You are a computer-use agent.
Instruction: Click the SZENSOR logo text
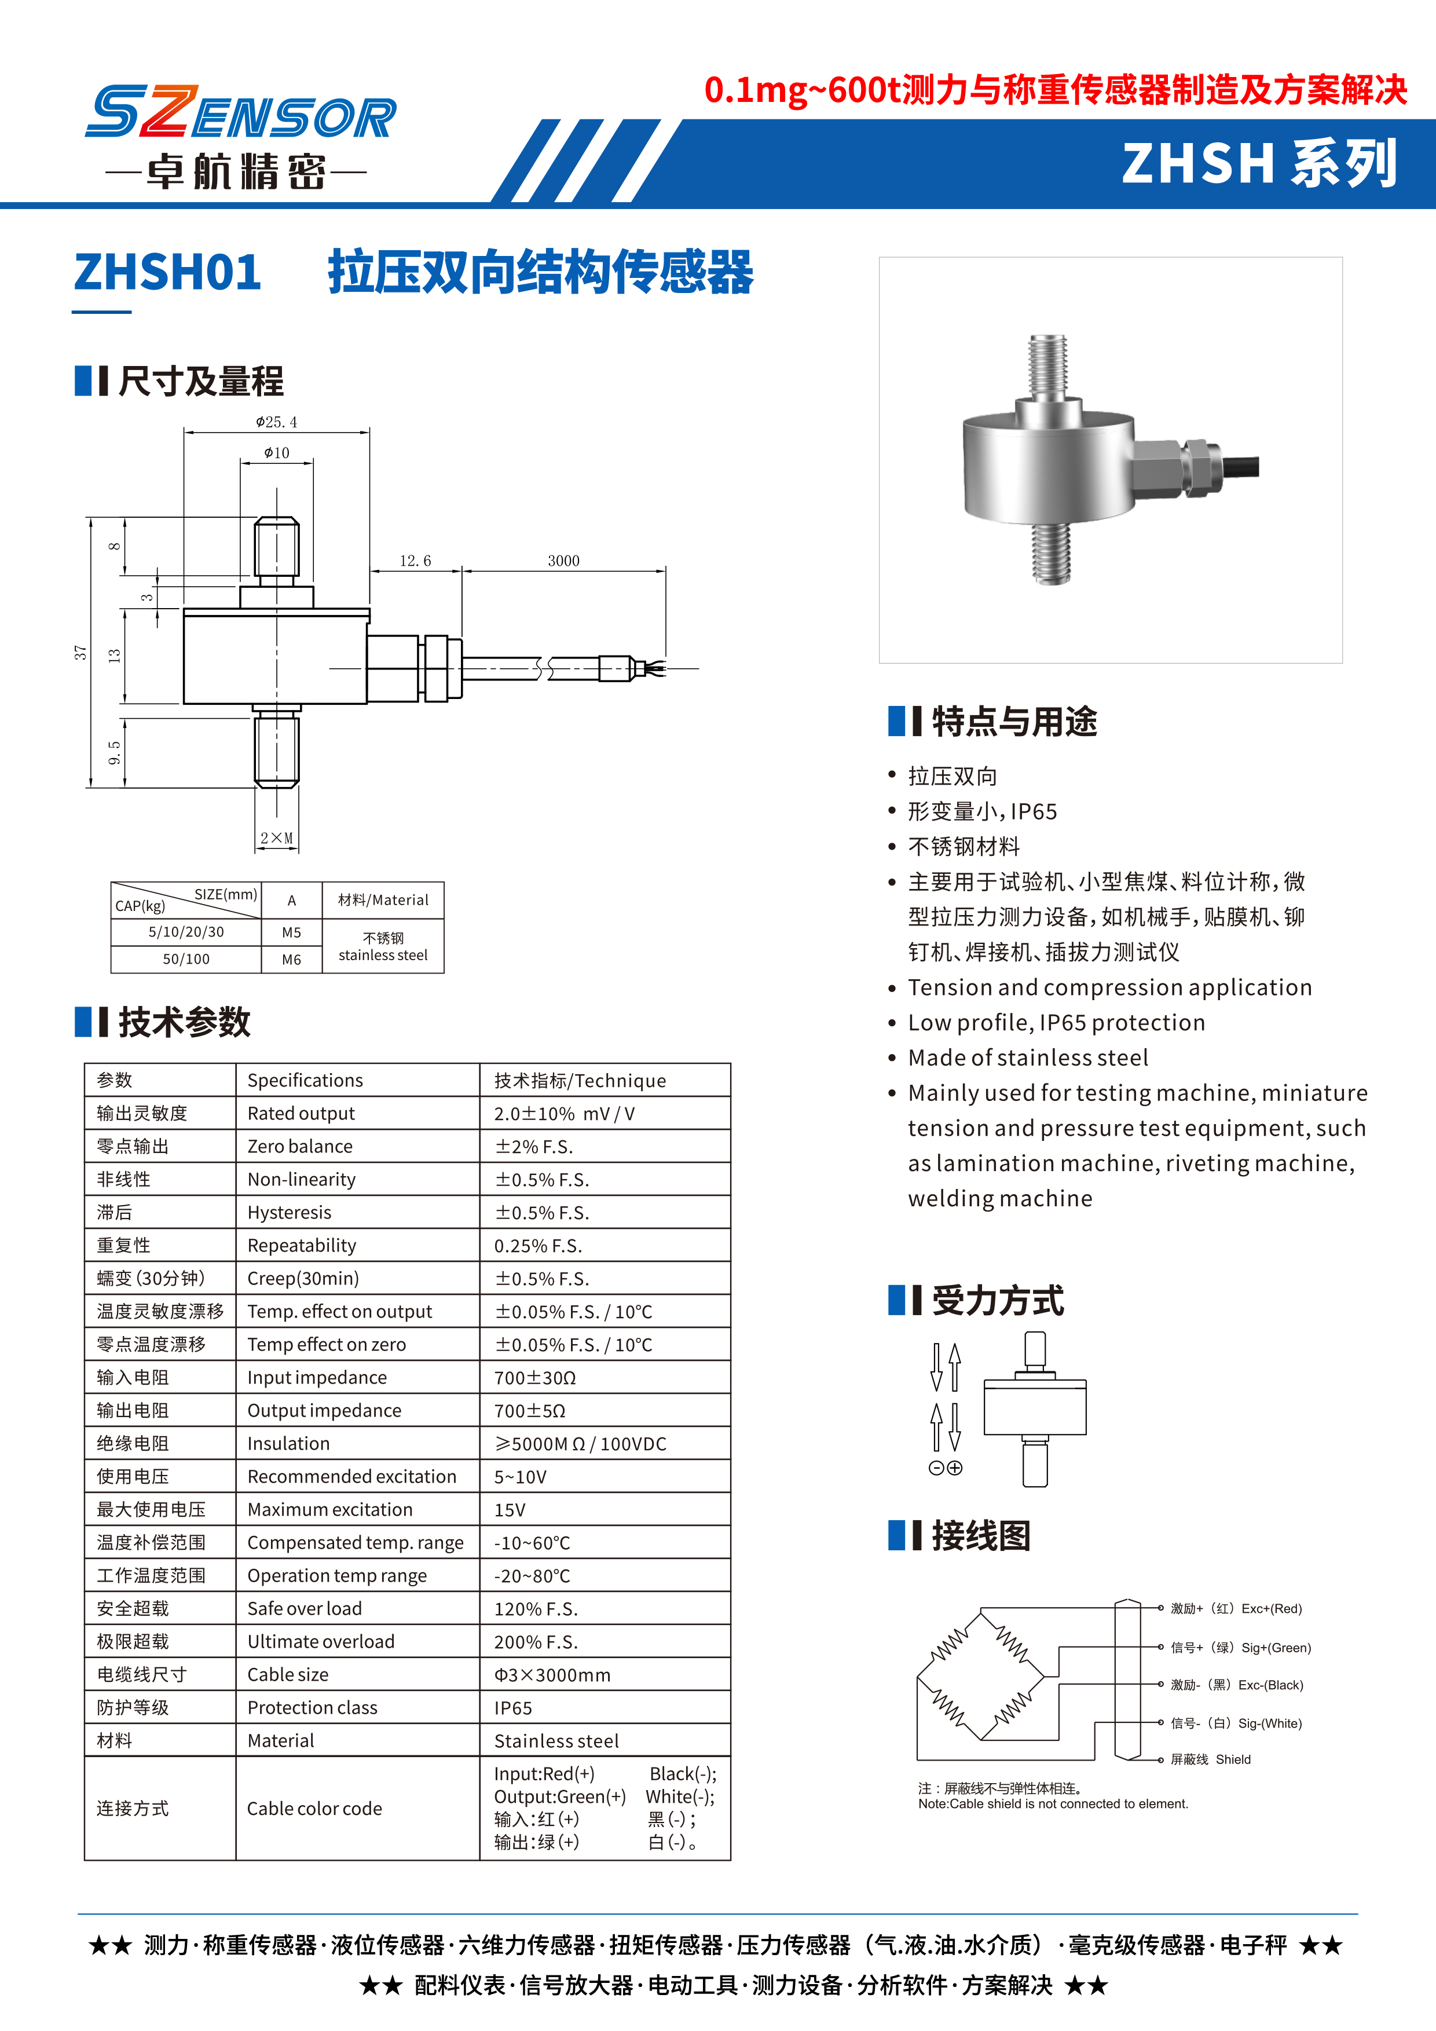click(x=240, y=112)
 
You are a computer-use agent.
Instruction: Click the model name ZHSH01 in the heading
click(x=168, y=272)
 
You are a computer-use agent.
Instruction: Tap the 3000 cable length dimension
click(x=563, y=561)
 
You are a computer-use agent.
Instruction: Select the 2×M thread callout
click(x=277, y=837)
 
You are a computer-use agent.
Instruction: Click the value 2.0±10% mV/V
click(x=564, y=1114)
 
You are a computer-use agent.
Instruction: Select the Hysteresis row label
click(x=289, y=1213)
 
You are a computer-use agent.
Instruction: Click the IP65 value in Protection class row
click(x=513, y=1708)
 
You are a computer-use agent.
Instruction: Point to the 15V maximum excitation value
click(x=510, y=1510)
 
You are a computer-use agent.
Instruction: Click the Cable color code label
click(x=314, y=1809)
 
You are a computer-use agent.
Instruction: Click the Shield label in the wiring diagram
click(x=1233, y=1759)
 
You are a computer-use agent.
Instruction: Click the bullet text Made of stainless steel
click(x=1027, y=1058)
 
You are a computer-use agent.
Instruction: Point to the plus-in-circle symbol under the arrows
click(x=955, y=1469)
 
